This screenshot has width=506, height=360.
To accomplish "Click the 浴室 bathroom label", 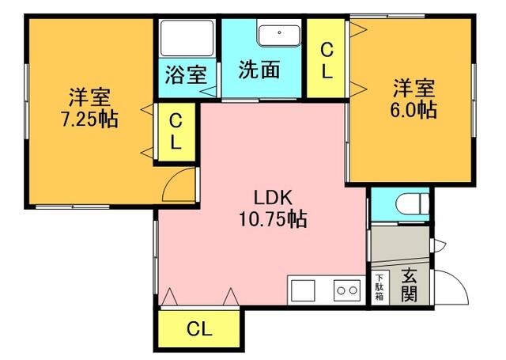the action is click(x=186, y=74).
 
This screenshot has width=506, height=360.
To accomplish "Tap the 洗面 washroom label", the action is click(x=259, y=69).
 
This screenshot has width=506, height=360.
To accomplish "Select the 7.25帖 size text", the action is click(x=89, y=119).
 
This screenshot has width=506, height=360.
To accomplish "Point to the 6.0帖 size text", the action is click(x=413, y=110).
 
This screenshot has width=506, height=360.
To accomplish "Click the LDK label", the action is click(x=273, y=198).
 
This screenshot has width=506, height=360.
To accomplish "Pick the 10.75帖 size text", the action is click(x=273, y=219).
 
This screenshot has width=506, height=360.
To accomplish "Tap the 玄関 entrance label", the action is click(x=410, y=285).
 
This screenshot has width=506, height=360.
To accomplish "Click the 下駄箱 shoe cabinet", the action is click(x=379, y=287).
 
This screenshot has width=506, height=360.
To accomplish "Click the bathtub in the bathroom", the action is click(x=187, y=39).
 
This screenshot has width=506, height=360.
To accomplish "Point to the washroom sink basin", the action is click(x=279, y=35).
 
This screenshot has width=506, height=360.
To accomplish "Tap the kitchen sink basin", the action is click(x=303, y=290).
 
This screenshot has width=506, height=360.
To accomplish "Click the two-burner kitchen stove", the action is click(x=347, y=290).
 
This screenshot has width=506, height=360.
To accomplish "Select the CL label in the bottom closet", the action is click(x=199, y=329).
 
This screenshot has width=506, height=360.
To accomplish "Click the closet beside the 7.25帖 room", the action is click(x=176, y=131).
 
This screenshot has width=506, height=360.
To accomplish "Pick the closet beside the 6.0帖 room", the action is click(x=326, y=58).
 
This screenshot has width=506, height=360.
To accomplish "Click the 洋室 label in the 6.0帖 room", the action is click(x=414, y=88).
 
